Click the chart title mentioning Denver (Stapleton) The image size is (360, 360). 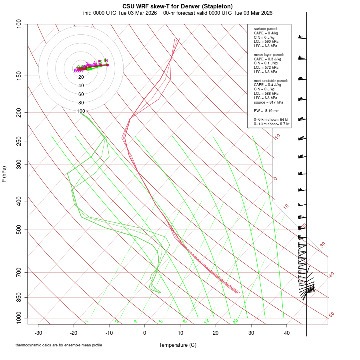click(177, 6)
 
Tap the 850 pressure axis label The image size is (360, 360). click(18, 297)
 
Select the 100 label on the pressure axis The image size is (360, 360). click(18, 24)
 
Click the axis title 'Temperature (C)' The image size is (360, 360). click(177, 345)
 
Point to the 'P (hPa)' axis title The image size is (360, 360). click(4, 174)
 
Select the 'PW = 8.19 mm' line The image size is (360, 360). click(266, 110)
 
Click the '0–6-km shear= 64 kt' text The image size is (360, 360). click(271, 120)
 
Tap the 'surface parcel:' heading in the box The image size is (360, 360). click(266, 29)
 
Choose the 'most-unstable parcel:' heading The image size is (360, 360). click(271, 80)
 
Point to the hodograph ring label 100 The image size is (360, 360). click(81, 111)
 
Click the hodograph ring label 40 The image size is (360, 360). click(81, 86)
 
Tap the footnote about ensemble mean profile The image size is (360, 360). click(59, 345)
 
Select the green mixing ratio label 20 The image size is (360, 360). click(235, 321)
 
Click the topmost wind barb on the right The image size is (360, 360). click(302, 37)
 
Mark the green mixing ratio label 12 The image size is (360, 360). click(207, 321)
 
